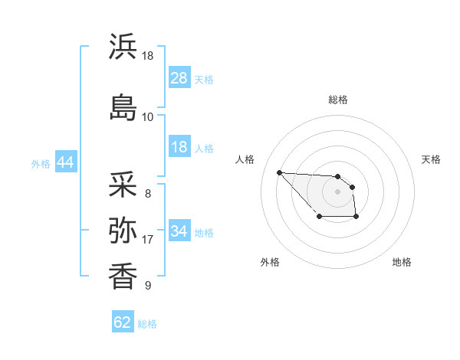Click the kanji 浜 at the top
click(123, 47)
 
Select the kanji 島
click(123, 106)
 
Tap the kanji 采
click(123, 185)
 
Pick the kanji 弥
click(123, 230)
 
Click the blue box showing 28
click(179, 78)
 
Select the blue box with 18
click(179, 148)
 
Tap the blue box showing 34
click(179, 231)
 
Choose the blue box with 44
click(65, 163)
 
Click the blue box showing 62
click(123, 322)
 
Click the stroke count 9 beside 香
click(147, 286)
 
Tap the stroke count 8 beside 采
click(147, 194)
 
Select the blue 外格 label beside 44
click(41, 164)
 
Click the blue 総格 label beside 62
click(147, 324)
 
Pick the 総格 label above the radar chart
click(337, 100)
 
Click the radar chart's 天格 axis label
click(432, 159)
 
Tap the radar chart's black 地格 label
click(402, 262)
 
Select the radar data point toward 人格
click(279, 172)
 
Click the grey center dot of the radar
click(337, 191)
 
